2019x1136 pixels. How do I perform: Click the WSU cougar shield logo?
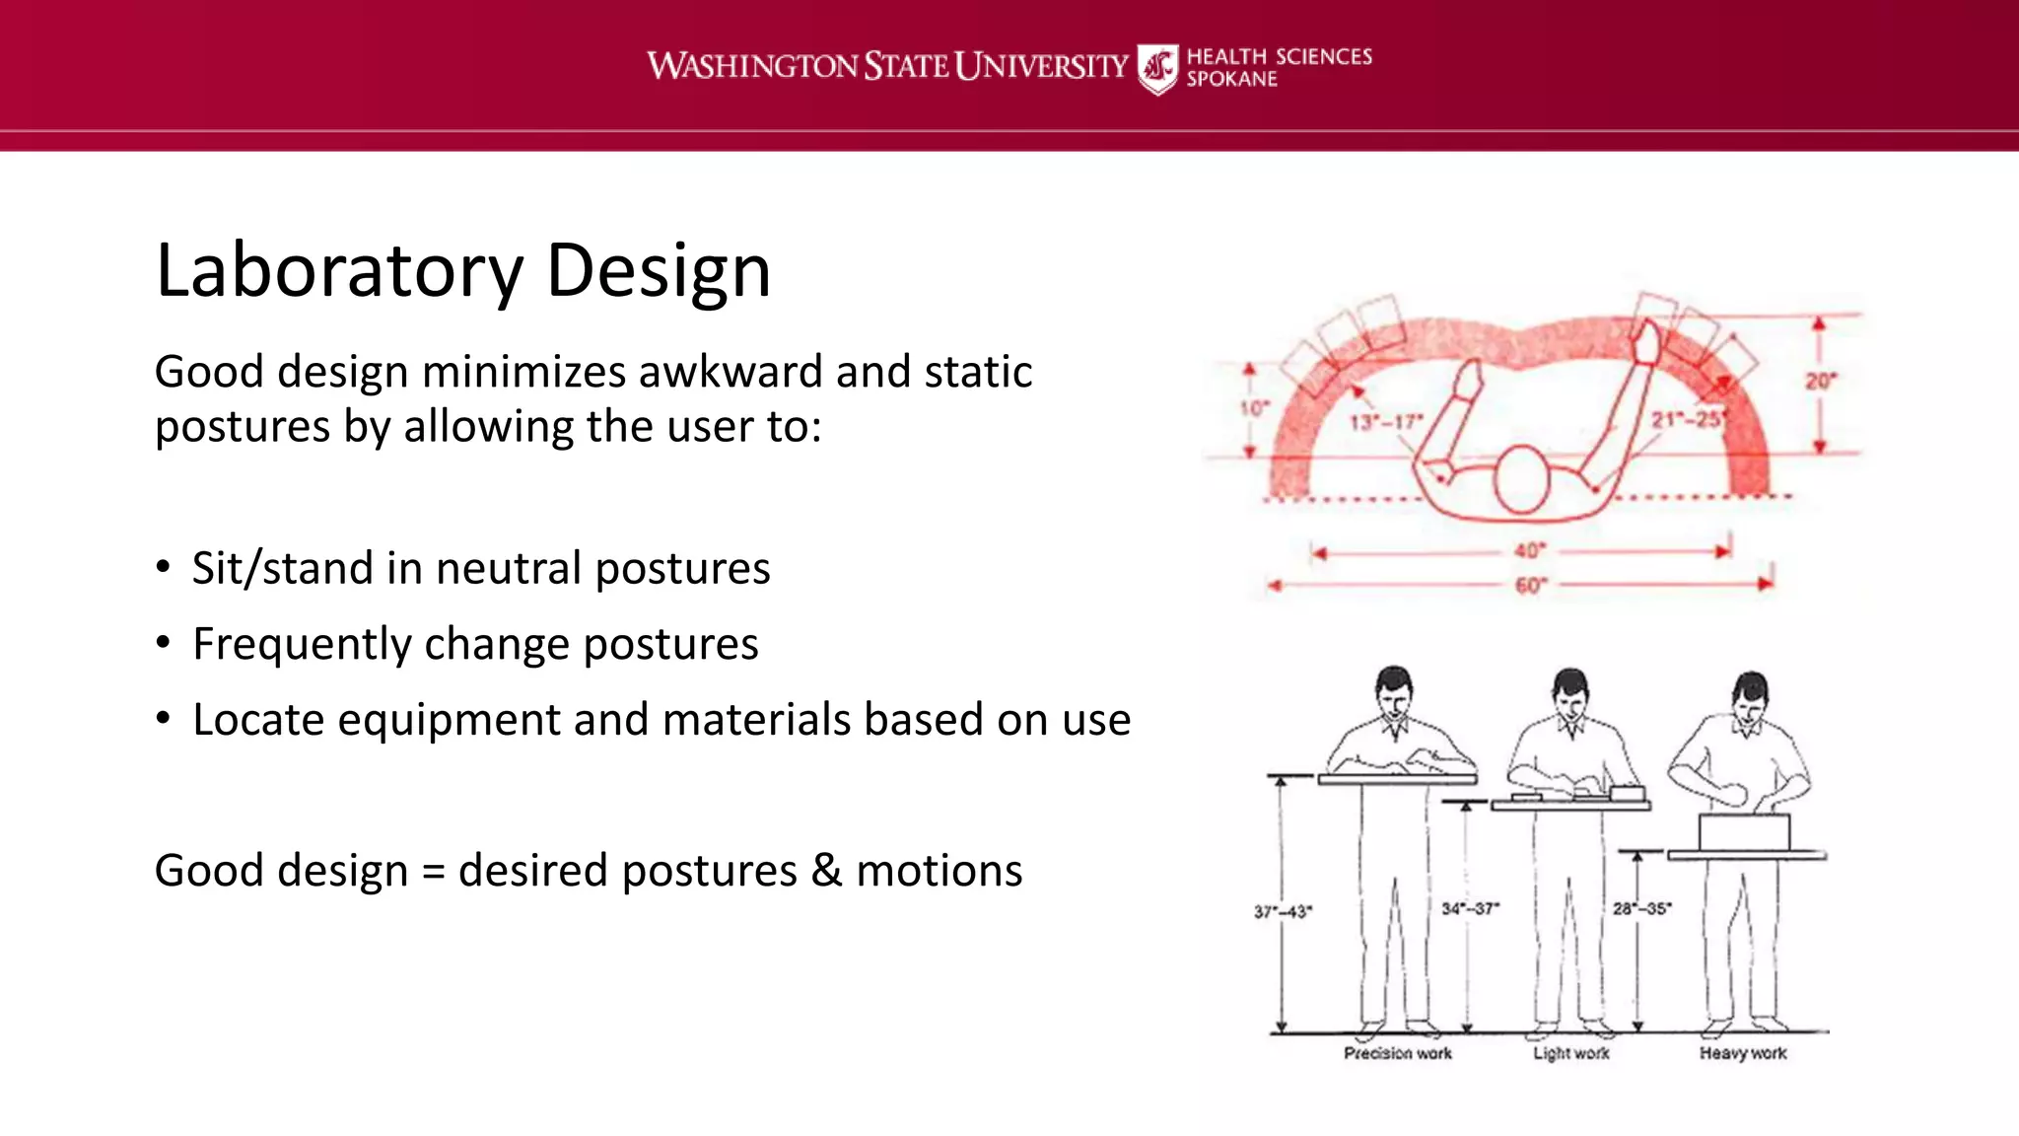click(x=1156, y=68)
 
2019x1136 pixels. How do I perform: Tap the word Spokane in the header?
click(x=1231, y=80)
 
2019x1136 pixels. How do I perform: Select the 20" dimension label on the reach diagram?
click(x=1820, y=381)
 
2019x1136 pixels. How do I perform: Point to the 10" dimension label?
click(x=1254, y=408)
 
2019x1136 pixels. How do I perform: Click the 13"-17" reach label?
click(x=1386, y=422)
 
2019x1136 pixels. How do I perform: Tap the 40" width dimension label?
click(x=1529, y=550)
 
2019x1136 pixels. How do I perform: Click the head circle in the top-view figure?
click(x=1522, y=479)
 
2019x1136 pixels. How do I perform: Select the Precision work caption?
click(x=1397, y=1053)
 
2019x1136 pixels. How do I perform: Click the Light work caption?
click(x=1570, y=1053)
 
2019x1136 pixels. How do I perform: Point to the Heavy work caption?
click(x=1742, y=1053)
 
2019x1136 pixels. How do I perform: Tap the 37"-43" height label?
click(x=1283, y=911)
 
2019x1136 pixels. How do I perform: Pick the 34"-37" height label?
click(x=1470, y=908)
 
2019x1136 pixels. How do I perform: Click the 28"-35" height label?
click(x=1641, y=908)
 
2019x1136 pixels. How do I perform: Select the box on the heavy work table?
click(x=1743, y=832)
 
